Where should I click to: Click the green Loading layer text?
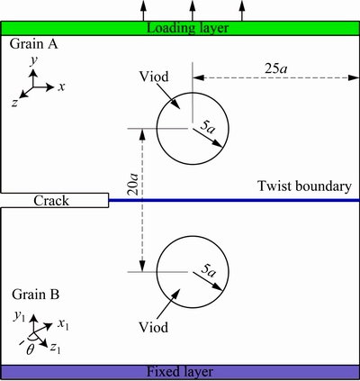[x=188, y=29]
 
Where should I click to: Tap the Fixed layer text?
[x=180, y=372]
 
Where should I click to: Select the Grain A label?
[x=33, y=44]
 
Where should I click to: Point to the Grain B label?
[x=36, y=295]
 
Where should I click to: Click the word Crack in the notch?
[x=51, y=201]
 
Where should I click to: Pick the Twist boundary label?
[x=304, y=186]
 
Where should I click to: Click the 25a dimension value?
[x=275, y=68]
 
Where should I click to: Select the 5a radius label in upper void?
[x=207, y=128]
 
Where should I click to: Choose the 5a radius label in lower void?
[x=208, y=270]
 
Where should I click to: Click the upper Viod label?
[x=154, y=77]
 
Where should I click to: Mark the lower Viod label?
[x=153, y=327]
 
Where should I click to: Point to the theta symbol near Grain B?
[x=30, y=349]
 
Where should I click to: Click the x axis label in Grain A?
[x=61, y=87]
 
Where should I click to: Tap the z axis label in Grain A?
[x=14, y=103]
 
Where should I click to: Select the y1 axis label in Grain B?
[x=18, y=317]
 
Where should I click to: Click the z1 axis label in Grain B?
[x=55, y=348]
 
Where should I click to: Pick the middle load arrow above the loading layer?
[x=193, y=11]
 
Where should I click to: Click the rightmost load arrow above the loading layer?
[x=242, y=11]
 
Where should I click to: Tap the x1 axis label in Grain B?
[x=63, y=325]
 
